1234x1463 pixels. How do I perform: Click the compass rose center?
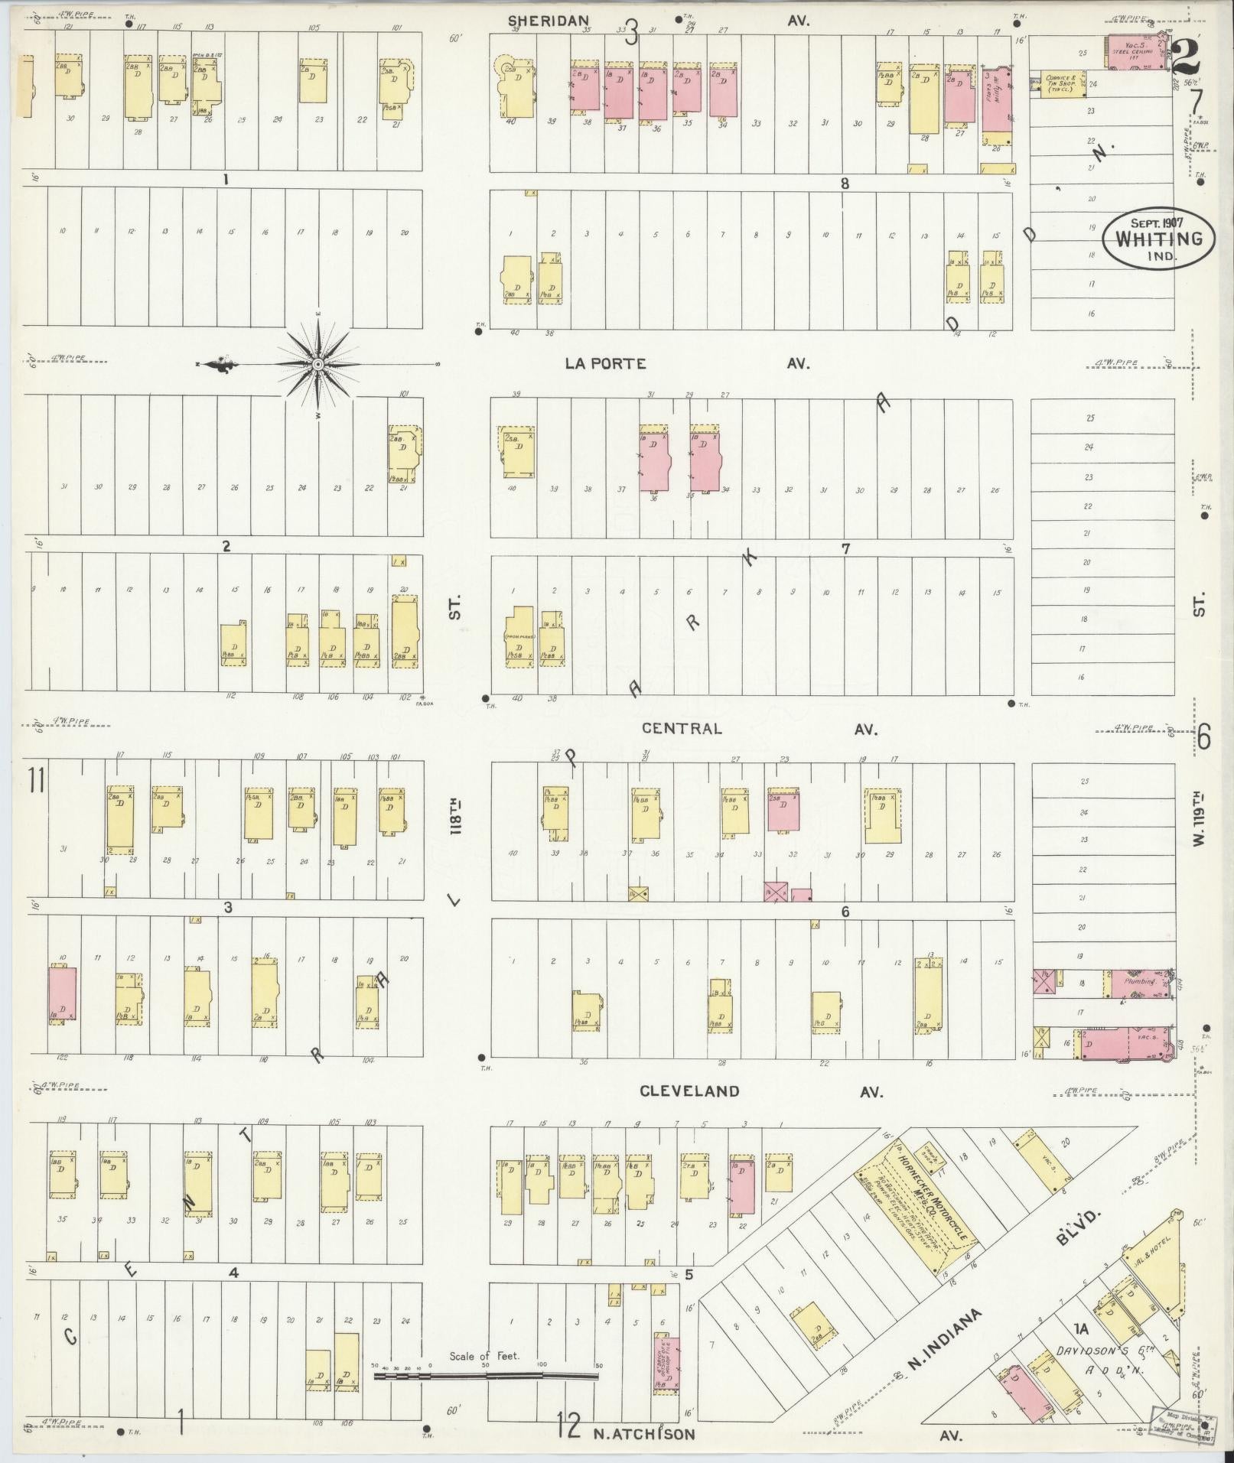(317, 365)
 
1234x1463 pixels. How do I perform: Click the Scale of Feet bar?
(486, 1375)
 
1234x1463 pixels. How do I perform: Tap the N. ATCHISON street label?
(644, 1434)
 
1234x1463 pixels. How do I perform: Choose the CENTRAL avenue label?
(681, 728)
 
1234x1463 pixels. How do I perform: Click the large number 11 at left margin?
(35, 782)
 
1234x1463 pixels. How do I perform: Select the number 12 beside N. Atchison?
(568, 1426)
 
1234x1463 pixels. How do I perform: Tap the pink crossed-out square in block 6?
(777, 892)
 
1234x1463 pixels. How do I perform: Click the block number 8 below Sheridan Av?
(845, 184)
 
